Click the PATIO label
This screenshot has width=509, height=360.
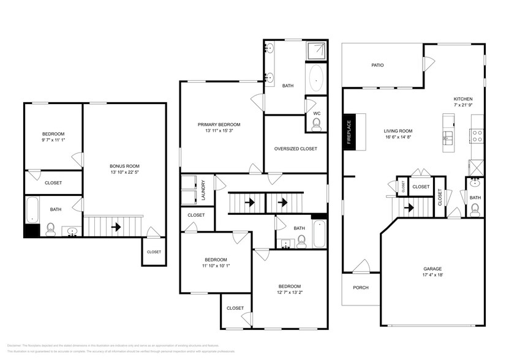377,65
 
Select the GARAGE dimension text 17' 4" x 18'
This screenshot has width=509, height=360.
432,276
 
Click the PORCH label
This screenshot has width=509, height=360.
361,287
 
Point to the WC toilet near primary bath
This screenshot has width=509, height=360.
316,124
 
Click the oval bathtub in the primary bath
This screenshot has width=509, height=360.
316,79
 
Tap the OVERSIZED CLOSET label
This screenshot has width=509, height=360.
295,149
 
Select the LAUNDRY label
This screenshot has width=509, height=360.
203,189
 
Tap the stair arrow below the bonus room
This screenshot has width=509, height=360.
116,227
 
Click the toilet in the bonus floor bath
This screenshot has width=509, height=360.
51,230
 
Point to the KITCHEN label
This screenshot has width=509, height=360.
462,99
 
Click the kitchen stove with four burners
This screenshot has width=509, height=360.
477,135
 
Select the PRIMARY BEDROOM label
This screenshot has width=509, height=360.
219,124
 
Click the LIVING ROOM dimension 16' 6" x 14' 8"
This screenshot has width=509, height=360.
398,138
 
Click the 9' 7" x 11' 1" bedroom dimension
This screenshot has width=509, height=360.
53,141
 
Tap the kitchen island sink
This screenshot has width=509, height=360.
448,136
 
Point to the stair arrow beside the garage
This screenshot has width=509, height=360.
409,208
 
